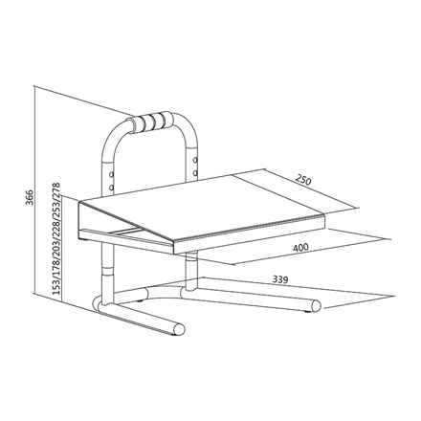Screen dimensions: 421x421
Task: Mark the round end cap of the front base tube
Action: (173, 330)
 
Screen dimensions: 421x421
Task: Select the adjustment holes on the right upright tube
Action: (195, 163)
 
